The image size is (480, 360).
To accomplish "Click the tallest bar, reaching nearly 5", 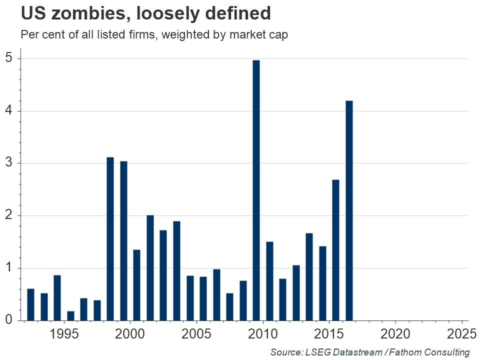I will pos(256,190).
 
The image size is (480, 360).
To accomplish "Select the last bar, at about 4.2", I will pos(349,210).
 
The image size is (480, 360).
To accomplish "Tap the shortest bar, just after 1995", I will pos(70,315).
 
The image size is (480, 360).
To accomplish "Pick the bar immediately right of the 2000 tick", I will pos(136,285).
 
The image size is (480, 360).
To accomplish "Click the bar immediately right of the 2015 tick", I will pos(335,250).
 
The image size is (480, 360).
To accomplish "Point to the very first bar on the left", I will pos(30,304).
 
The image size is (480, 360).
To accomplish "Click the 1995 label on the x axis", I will pos(64,333).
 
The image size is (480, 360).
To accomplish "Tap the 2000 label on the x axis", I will pos(130,333).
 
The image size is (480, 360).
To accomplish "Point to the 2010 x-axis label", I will pos(263,333).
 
